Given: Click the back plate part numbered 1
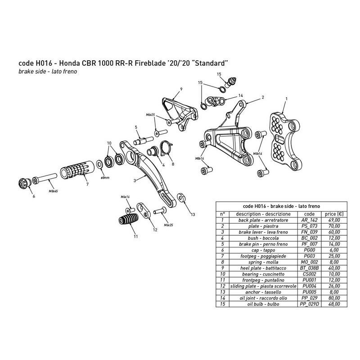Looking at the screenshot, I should (x=284, y=137).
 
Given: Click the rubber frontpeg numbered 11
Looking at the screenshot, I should (x=129, y=223).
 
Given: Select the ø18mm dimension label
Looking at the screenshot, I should (x=104, y=178).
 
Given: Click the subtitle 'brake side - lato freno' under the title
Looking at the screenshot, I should (x=43, y=72).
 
